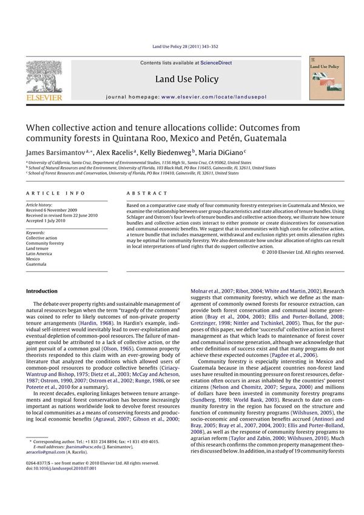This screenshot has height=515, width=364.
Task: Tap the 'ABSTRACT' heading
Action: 147,193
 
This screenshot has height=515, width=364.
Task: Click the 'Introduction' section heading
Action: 42,291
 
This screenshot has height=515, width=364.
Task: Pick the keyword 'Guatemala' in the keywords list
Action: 36,264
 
